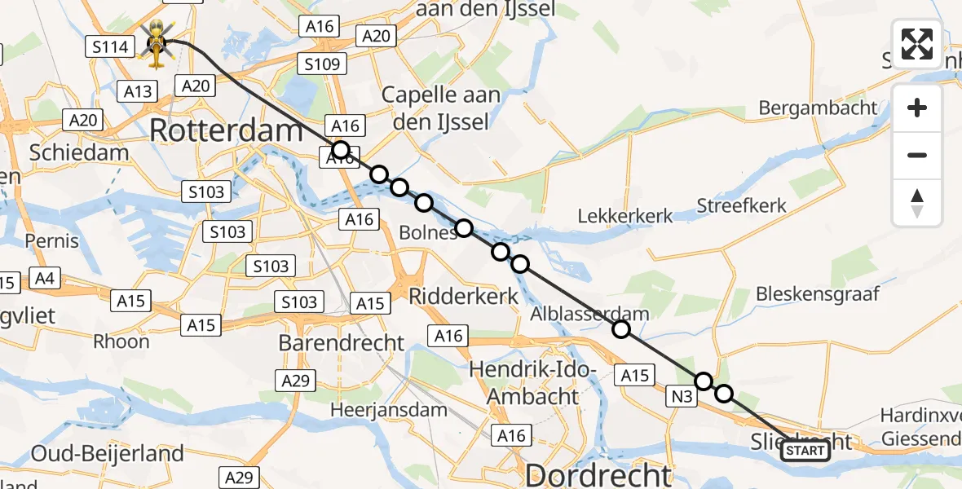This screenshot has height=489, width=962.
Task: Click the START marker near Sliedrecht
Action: tap(805, 451)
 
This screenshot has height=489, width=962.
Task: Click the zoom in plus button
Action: tap(917, 108)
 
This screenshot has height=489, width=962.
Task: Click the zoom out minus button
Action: tap(917, 155)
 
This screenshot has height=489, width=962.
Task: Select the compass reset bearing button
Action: tap(917, 203)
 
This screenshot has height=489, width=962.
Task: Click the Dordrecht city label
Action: tap(599, 474)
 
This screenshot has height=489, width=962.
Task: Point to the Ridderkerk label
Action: tap(463, 296)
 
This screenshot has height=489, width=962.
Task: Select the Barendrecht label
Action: tap(342, 342)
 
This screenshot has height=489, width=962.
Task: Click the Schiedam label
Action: tap(79, 152)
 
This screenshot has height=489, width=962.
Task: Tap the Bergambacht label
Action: tap(818, 108)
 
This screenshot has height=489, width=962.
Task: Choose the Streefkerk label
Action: tap(742, 205)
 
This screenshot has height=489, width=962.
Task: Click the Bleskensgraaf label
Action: tap(818, 293)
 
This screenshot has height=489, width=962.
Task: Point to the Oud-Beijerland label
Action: tap(107, 453)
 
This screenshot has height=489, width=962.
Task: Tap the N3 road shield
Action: tap(682, 397)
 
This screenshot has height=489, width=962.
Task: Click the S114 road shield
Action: tap(110, 46)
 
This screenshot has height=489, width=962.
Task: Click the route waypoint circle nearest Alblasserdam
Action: tap(621, 329)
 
